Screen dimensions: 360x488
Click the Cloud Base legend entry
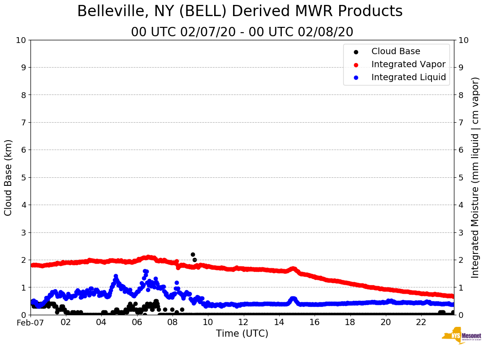point(396,51)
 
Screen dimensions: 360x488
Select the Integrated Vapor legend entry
point(408,64)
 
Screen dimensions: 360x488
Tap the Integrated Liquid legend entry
point(409,77)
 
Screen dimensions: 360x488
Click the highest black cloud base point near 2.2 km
point(193,254)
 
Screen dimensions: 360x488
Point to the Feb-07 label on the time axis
point(30,322)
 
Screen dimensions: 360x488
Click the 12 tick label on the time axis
point(243,322)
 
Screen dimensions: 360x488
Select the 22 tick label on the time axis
point(421,322)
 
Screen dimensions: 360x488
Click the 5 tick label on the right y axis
point(461,177)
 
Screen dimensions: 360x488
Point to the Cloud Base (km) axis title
point(9,177)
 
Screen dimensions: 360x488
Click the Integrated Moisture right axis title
point(475,177)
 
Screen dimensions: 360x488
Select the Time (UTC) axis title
point(242,334)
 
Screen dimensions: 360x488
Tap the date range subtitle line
point(242,32)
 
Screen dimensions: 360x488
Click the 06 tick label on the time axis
point(137,322)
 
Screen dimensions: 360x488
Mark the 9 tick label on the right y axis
point(461,67)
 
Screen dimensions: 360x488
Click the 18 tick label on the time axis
point(350,322)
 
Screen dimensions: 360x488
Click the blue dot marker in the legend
point(356,77)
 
